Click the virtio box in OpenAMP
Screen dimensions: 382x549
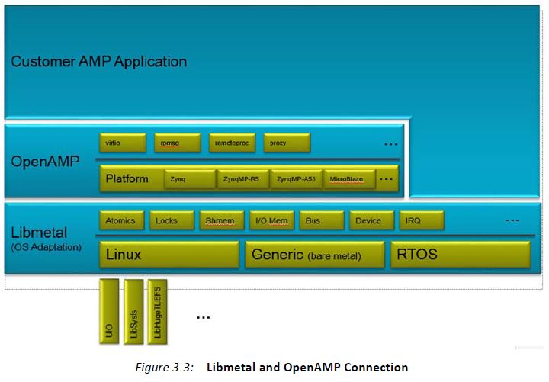tap(122, 143)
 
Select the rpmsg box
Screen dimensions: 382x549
tap(177, 143)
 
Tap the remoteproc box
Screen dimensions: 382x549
tap(232, 143)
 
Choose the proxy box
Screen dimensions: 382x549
tap(287, 143)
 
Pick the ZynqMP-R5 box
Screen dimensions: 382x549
tap(242, 180)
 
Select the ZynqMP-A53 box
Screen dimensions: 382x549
tap(296, 180)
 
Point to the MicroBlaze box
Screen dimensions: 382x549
tap(348, 180)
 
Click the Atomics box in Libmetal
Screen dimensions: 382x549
tap(120, 220)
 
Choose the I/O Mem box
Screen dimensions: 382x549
tap(271, 220)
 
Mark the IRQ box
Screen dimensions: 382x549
tap(419, 220)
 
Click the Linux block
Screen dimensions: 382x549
tap(169, 255)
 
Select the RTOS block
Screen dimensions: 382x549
tap(460, 255)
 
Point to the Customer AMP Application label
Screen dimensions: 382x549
tap(98, 61)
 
